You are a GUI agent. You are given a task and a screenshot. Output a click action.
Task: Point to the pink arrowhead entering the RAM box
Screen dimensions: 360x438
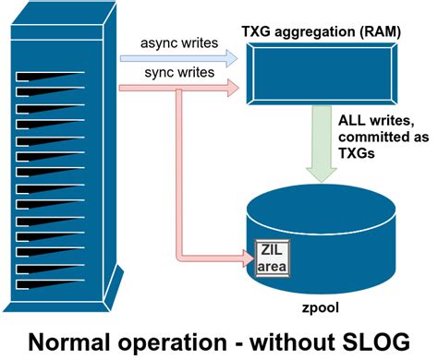click(231, 89)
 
